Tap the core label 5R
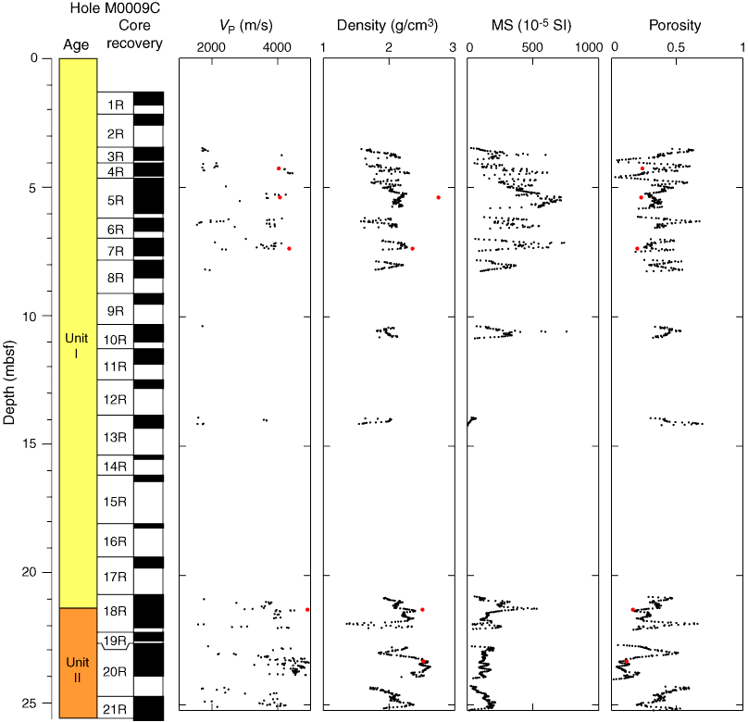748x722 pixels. point(116,200)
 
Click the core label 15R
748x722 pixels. point(116,502)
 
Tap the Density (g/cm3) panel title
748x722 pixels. point(388,26)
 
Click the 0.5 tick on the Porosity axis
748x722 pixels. point(679,47)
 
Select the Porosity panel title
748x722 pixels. point(677,26)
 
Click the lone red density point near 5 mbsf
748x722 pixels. point(438,197)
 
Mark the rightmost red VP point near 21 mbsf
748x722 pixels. point(307,609)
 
